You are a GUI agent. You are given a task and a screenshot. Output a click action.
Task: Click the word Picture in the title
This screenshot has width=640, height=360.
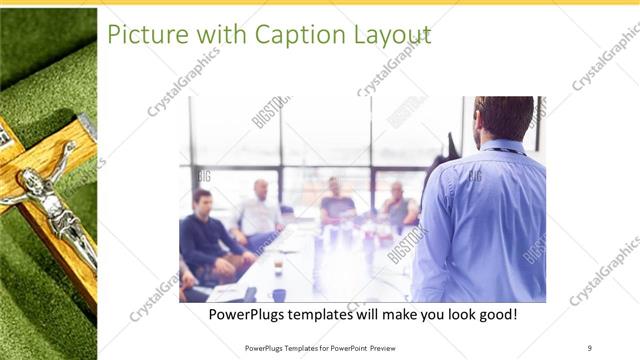coord(141,35)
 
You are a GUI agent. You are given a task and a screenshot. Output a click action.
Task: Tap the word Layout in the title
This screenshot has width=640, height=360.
coord(391,35)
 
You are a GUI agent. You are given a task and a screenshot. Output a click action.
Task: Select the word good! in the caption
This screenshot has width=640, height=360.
coord(495,314)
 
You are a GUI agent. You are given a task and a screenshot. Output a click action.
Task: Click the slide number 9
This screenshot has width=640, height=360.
coord(589,347)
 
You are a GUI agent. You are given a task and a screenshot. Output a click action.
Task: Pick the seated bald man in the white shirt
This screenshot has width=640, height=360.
coord(260,211)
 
